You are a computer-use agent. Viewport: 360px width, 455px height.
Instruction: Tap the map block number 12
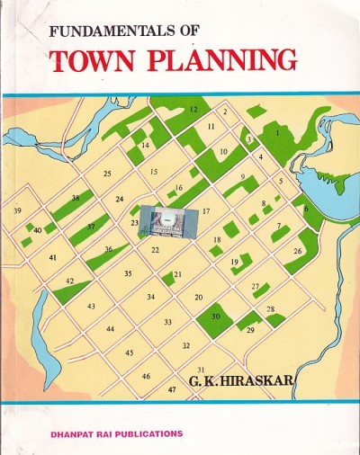193,109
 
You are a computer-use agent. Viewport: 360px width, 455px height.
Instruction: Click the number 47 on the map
172,389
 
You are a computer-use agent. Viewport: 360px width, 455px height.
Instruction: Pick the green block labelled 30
215,317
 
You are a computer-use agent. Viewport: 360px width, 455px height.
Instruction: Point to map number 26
298,251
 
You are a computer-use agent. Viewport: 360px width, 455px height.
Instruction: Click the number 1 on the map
278,132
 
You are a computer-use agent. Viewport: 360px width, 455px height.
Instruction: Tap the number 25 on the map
107,174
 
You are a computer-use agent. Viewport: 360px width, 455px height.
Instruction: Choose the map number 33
167,322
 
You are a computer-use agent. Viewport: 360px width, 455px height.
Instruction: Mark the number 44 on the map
110,329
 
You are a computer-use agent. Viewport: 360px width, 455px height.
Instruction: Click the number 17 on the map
206,211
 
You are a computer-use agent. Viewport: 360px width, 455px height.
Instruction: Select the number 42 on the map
69,281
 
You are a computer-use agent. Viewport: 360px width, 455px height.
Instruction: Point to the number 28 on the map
271,309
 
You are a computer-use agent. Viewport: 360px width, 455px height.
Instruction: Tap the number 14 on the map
145,145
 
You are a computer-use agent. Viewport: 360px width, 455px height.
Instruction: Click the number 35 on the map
128,273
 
